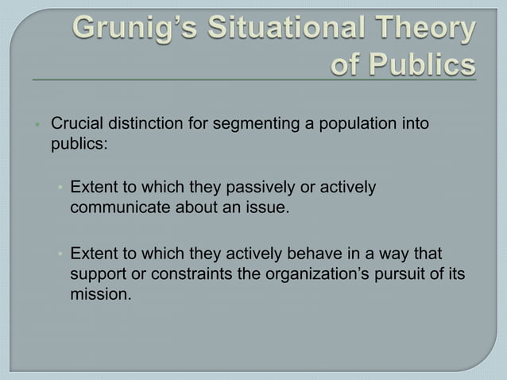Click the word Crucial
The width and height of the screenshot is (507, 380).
pos(77,124)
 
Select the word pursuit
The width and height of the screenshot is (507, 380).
pos(412,273)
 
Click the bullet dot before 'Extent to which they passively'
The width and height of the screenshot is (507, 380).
pos(59,188)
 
